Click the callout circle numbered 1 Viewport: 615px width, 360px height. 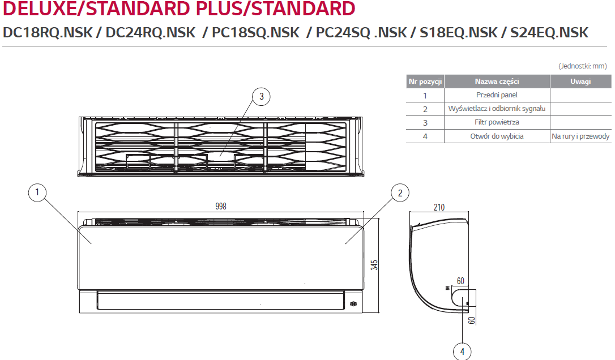pos(37,192)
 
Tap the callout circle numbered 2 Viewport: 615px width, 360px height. pos(400,193)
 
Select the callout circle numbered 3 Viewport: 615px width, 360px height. pos(261,96)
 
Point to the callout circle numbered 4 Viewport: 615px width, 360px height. pos(462,352)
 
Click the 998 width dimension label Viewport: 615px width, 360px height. pos(221,206)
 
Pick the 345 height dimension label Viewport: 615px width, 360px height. pos(374,265)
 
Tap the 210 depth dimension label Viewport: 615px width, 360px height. pos(439,207)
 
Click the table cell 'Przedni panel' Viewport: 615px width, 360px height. pos(497,95)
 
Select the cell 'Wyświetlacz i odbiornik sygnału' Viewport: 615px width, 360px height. pos(497,109)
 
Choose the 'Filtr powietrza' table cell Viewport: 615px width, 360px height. pos(497,122)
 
